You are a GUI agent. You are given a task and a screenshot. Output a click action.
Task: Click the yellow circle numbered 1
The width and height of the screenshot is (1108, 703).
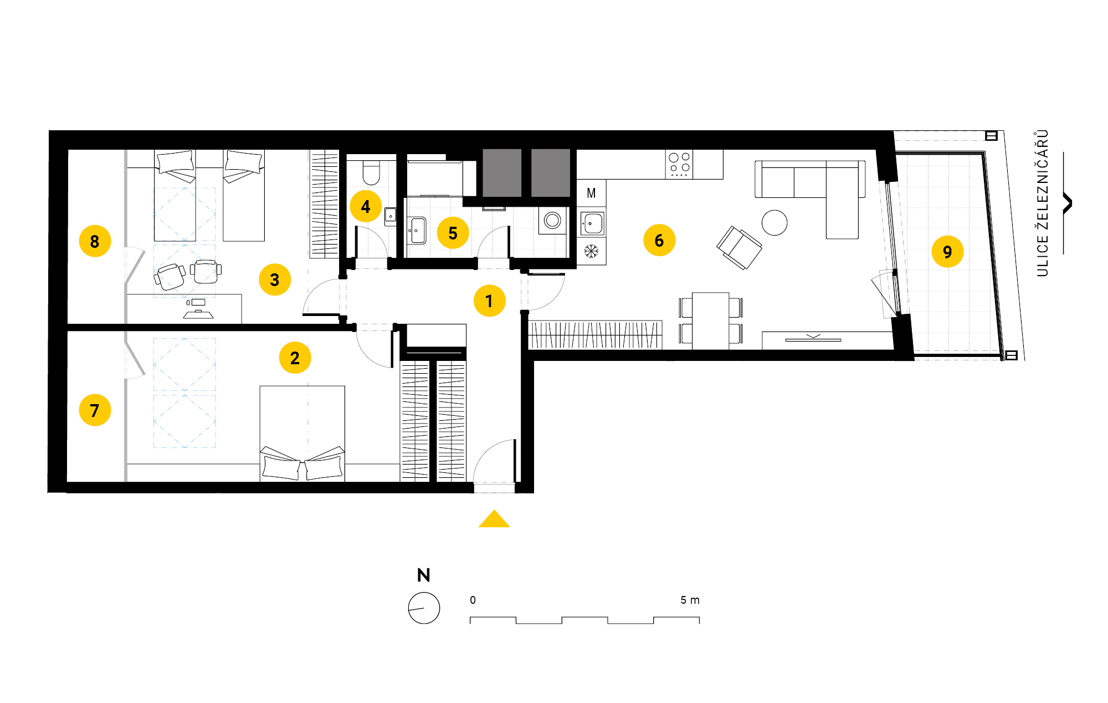(x=490, y=300)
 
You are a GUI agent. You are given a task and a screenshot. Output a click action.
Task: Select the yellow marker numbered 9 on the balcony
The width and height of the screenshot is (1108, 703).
(x=947, y=252)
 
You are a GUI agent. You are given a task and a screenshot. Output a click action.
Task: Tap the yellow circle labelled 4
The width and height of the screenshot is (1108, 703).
(x=366, y=206)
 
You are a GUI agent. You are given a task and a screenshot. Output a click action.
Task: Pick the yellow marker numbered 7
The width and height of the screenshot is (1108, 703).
(x=95, y=410)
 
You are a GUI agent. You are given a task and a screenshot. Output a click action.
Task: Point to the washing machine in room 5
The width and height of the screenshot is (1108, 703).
(x=552, y=221)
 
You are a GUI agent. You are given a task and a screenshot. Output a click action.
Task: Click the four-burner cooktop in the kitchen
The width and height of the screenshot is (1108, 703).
(x=679, y=164)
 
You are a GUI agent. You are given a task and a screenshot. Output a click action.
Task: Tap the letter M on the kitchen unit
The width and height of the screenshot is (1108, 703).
(x=591, y=193)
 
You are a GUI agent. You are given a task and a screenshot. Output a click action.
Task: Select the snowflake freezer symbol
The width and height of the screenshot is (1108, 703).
(x=591, y=251)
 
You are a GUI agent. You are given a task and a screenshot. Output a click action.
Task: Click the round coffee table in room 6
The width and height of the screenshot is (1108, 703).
(x=774, y=223)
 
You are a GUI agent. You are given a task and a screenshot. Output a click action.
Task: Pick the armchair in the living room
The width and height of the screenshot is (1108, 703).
(x=739, y=247)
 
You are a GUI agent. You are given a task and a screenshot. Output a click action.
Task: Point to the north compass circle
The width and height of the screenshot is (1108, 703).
(x=424, y=608)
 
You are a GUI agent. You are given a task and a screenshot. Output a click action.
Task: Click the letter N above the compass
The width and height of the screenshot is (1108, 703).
(x=424, y=575)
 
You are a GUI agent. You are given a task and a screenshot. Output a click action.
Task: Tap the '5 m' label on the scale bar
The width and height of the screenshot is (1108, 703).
(x=690, y=600)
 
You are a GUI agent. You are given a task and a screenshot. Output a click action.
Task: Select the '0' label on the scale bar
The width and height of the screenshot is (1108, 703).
(x=473, y=600)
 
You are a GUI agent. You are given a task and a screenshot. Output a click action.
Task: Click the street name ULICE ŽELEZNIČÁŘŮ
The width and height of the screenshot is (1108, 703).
(x=1042, y=203)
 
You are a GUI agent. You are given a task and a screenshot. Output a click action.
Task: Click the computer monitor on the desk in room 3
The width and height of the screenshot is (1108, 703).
(x=197, y=302)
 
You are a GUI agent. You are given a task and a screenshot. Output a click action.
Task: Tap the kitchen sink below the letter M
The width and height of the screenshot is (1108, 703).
(x=592, y=223)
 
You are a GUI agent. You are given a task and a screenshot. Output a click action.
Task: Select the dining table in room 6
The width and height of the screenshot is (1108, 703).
(x=710, y=321)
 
